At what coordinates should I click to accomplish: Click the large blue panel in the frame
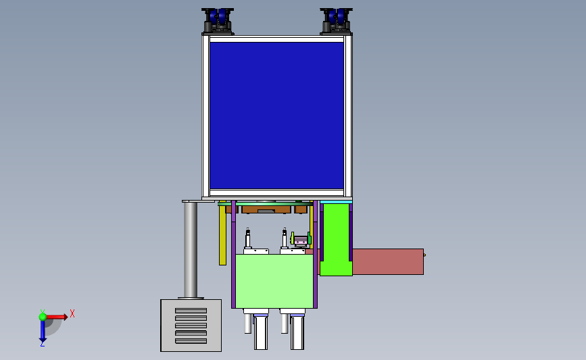pyautogui.click(x=276, y=115)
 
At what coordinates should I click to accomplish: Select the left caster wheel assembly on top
pyautogui.click(x=218, y=20)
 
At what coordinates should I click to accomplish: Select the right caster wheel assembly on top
pyautogui.click(x=336, y=20)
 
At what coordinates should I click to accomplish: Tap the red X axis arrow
pyautogui.click(x=57, y=316)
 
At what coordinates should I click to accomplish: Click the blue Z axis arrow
pyautogui.click(x=42, y=330)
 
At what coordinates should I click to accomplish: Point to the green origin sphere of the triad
pyautogui.click(x=42, y=316)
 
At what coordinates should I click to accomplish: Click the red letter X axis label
pyautogui.click(x=72, y=313)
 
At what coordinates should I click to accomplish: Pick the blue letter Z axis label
pyautogui.click(x=42, y=344)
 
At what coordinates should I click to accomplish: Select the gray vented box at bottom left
pyautogui.click(x=191, y=326)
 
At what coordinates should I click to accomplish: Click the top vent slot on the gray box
pyautogui.click(x=191, y=311)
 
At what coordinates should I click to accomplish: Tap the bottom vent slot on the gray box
pyautogui.click(x=191, y=341)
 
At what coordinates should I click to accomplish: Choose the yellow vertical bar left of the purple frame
pyautogui.click(x=222, y=236)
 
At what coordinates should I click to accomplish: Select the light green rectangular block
pyautogui.click(x=274, y=281)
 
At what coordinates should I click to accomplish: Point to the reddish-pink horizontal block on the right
pyautogui.click(x=387, y=261)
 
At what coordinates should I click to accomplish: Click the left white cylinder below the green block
pyautogui.click(x=261, y=333)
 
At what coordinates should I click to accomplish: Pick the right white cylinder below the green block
pyautogui.click(x=297, y=333)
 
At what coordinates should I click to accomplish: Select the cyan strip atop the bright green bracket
pyautogui.click(x=335, y=202)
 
